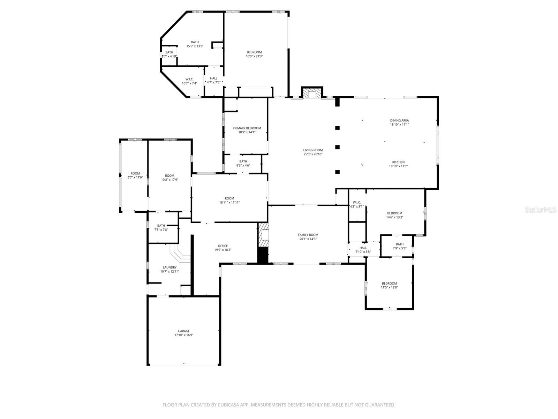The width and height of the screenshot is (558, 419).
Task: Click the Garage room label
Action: [x=184, y=331]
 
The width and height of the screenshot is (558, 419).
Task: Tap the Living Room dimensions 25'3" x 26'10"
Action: [x=313, y=154]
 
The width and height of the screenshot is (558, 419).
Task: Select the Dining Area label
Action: [x=399, y=120]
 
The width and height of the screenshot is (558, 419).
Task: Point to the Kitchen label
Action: [x=398, y=162]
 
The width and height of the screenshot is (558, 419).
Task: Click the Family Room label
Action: [x=308, y=235]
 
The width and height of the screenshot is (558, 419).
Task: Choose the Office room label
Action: [x=223, y=246]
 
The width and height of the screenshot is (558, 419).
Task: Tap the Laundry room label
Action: [x=169, y=267]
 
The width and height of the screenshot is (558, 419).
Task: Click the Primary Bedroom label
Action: [x=247, y=128]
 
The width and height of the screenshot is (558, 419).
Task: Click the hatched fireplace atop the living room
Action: [x=312, y=93]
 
